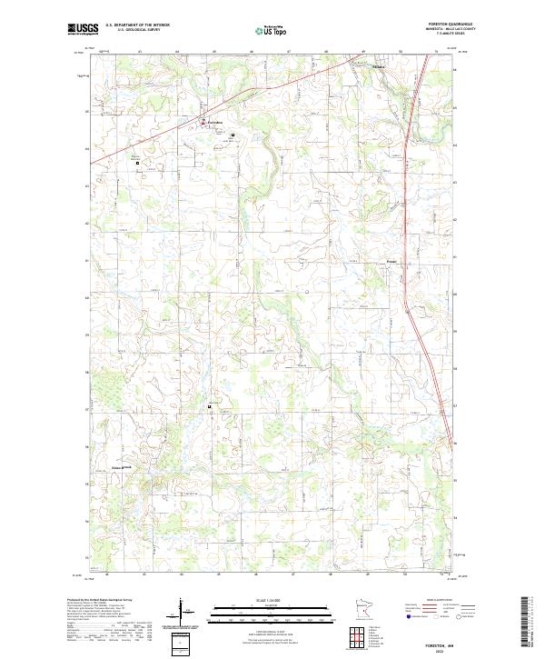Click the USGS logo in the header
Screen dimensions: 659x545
pyautogui.click(x=83, y=29)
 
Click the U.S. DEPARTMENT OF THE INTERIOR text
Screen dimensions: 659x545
pyautogui.click(x=137, y=25)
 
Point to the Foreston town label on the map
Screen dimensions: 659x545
pyautogui.click(x=213, y=122)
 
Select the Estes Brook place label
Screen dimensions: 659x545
pyautogui.click(x=115, y=468)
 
